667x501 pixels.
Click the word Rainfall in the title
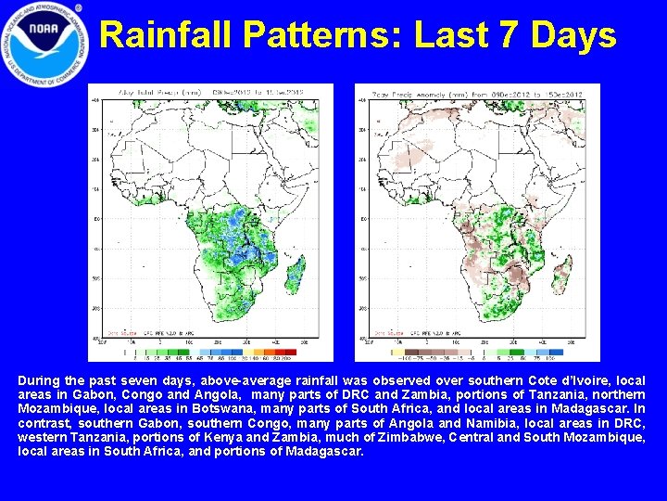pyautogui.click(x=164, y=35)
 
